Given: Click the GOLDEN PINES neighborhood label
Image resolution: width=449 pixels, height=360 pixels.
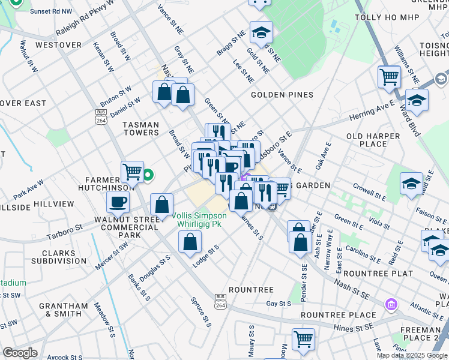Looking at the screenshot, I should pos(282,95).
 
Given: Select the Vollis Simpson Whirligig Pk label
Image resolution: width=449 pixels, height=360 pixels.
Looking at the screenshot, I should pos(199,220).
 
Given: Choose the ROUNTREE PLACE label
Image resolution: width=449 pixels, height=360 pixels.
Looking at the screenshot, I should pos(330,315).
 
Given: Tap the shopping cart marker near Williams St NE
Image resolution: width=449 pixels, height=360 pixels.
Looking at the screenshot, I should pos(389,77).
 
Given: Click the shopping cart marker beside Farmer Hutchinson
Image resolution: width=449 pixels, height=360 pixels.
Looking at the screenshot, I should pos(132,173).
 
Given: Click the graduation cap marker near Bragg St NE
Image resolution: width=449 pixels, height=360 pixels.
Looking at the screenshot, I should pos(261,32).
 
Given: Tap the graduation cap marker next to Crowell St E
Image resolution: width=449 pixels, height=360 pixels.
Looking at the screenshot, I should pos(411,184).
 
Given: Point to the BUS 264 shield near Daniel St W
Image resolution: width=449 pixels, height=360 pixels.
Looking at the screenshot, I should pos(100,117).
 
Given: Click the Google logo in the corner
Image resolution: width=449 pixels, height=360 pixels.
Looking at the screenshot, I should pos(20,353).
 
